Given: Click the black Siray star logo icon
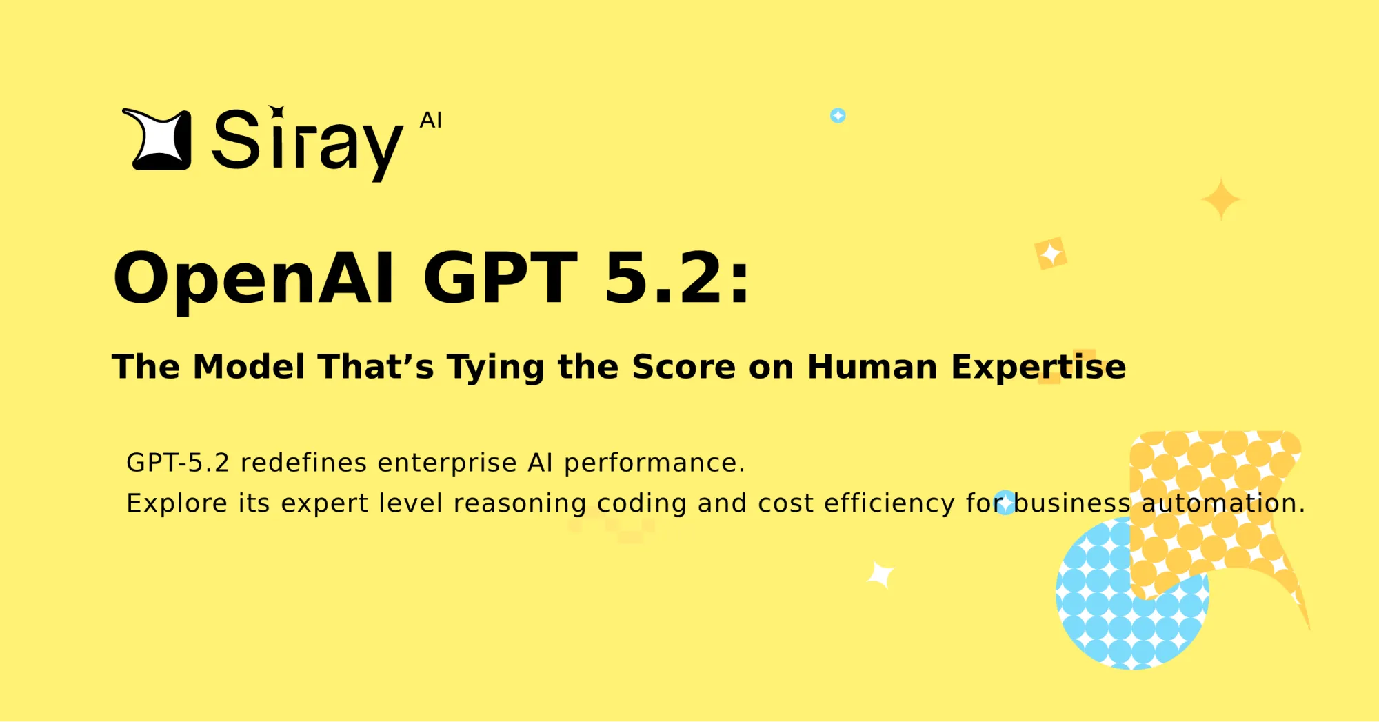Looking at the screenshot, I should pos(158,139).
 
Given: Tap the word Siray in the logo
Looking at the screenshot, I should pos(308,142).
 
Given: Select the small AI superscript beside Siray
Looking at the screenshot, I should pos(431,121).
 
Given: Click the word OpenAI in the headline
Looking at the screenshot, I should pos(253,279).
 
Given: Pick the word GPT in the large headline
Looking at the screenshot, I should pos(500,277).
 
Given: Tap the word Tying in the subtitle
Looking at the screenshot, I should pos(496,368).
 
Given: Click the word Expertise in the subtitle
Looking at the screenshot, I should pos(1038,366).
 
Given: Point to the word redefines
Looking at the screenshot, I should pos(303,463).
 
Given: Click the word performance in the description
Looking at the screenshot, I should pos(654,463).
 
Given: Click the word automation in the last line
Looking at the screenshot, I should pos(1222,503).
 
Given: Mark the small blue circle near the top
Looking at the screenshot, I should pos(838,115).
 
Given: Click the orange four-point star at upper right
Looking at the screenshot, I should pos(1221,199).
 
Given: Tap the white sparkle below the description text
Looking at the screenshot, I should pos(880,574).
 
